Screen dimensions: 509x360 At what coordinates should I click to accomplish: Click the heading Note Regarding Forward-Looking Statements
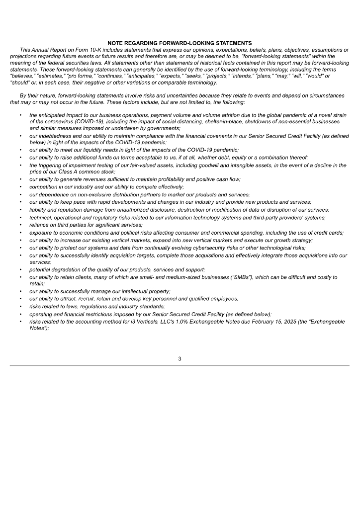click(180, 43)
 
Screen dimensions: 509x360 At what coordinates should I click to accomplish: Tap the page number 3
click(180, 360)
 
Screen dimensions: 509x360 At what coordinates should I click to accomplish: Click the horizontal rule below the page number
click(180, 366)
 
